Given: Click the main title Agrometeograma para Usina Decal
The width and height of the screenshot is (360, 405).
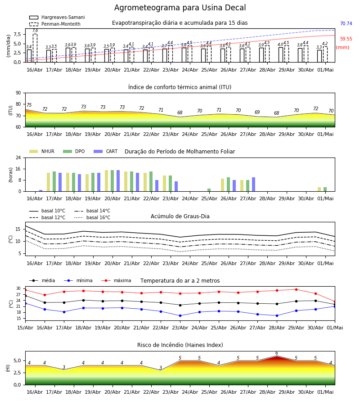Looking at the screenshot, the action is [x=180, y=8].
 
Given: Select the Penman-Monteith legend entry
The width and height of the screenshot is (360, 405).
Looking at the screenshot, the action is [x=55, y=24].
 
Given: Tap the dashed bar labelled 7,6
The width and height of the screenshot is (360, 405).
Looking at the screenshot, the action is [x=35, y=48].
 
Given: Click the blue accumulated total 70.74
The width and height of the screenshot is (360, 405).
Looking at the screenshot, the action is [x=346, y=23].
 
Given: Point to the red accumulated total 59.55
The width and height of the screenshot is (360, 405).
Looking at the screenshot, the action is [x=346, y=39].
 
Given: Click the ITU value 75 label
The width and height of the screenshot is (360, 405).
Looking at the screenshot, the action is [x=29, y=105].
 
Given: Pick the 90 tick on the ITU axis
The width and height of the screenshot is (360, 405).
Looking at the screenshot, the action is [x=18, y=93].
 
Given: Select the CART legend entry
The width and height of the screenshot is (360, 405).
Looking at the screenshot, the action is [x=106, y=151].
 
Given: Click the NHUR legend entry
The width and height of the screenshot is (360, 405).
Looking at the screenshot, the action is [x=42, y=151].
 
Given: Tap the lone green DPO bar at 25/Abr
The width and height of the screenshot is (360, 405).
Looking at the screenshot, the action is [x=209, y=190].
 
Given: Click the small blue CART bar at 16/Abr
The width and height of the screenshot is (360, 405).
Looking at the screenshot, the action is [x=41, y=191].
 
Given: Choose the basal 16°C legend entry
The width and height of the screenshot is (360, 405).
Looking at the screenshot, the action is [x=92, y=217].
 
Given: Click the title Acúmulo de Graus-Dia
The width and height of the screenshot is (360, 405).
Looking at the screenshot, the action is [x=180, y=216].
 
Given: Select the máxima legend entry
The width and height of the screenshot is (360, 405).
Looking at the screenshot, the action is [x=116, y=280].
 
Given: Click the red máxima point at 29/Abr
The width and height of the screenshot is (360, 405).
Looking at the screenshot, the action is [x=296, y=289].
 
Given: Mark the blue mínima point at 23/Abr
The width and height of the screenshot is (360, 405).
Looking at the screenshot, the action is [x=180, y=315].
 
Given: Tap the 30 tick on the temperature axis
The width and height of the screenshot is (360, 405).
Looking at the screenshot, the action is [x=18, y=288].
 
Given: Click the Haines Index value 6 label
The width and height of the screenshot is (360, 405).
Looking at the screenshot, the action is [x=277, y=353].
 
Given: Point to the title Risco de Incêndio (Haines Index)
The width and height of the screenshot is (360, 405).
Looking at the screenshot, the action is [x=180, y=345].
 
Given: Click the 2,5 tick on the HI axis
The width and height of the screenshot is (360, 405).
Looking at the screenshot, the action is [x=17, y=373].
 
